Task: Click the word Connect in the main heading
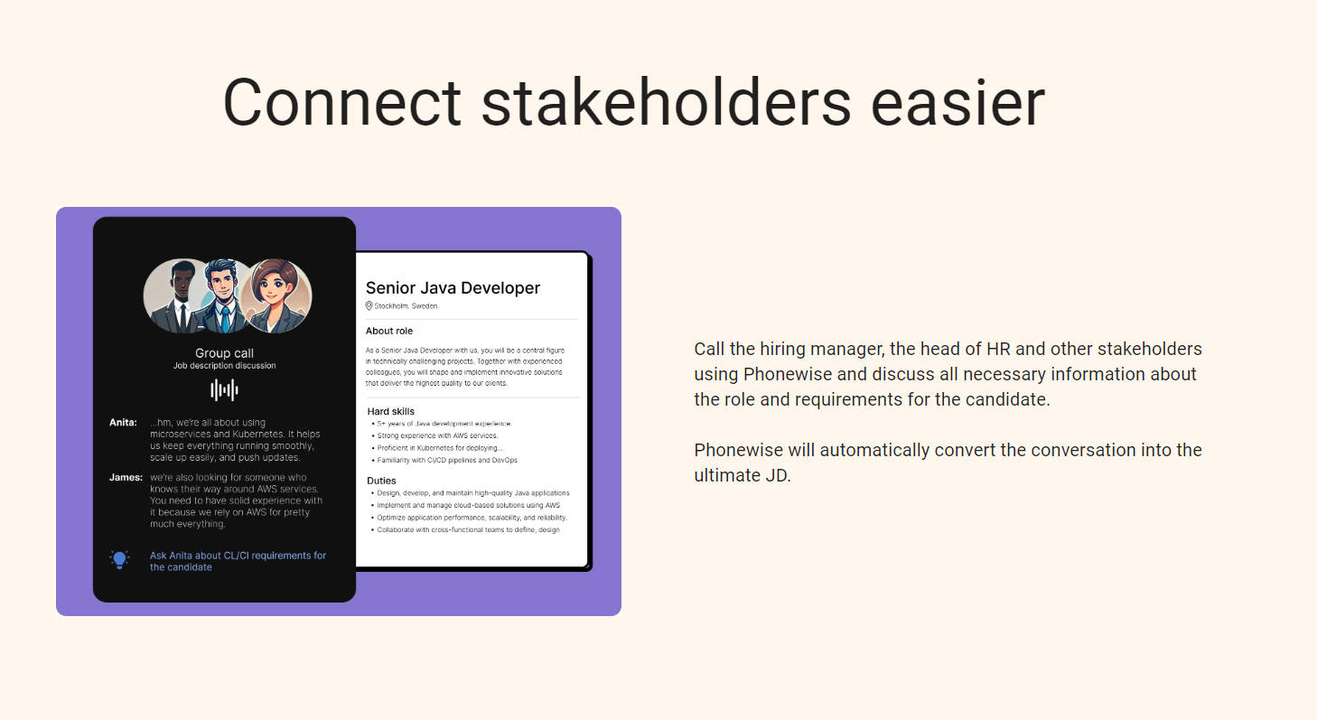tap(342, 102)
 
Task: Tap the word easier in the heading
tap(957, 102)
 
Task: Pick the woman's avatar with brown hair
tap(276, 296)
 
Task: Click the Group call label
tap(224, 353)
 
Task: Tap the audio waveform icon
tap(224, 389)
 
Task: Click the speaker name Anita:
tap(123, 423)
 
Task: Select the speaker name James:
tap(126, 477)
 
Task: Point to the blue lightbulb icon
tap(119, 559)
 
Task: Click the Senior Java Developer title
tap(453, 287)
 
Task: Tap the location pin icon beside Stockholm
tap(369, 306)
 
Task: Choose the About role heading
tap(389, 331)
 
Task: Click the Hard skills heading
tap(391, 411)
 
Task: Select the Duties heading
tap(381, 481)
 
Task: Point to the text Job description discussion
tap(224, 365)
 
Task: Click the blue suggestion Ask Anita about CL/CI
tap(238, 561)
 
